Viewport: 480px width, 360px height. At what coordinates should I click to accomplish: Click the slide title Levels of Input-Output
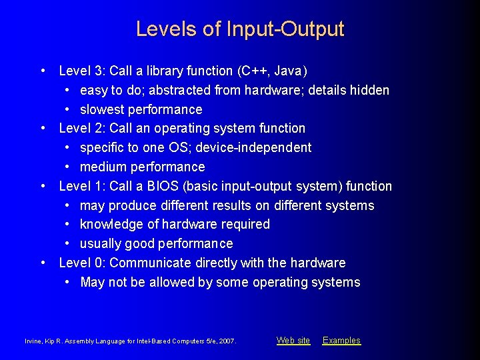tap(240, 29)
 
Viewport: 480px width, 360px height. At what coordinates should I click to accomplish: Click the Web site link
tap(293, 341)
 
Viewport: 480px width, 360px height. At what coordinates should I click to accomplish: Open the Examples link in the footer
tap(341, 341)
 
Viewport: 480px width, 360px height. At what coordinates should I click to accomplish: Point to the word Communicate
tap(148, 263)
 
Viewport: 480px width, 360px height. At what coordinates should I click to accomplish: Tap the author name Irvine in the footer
tap(34, 341)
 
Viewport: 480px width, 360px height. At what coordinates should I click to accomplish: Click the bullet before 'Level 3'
tap(43, 71)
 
